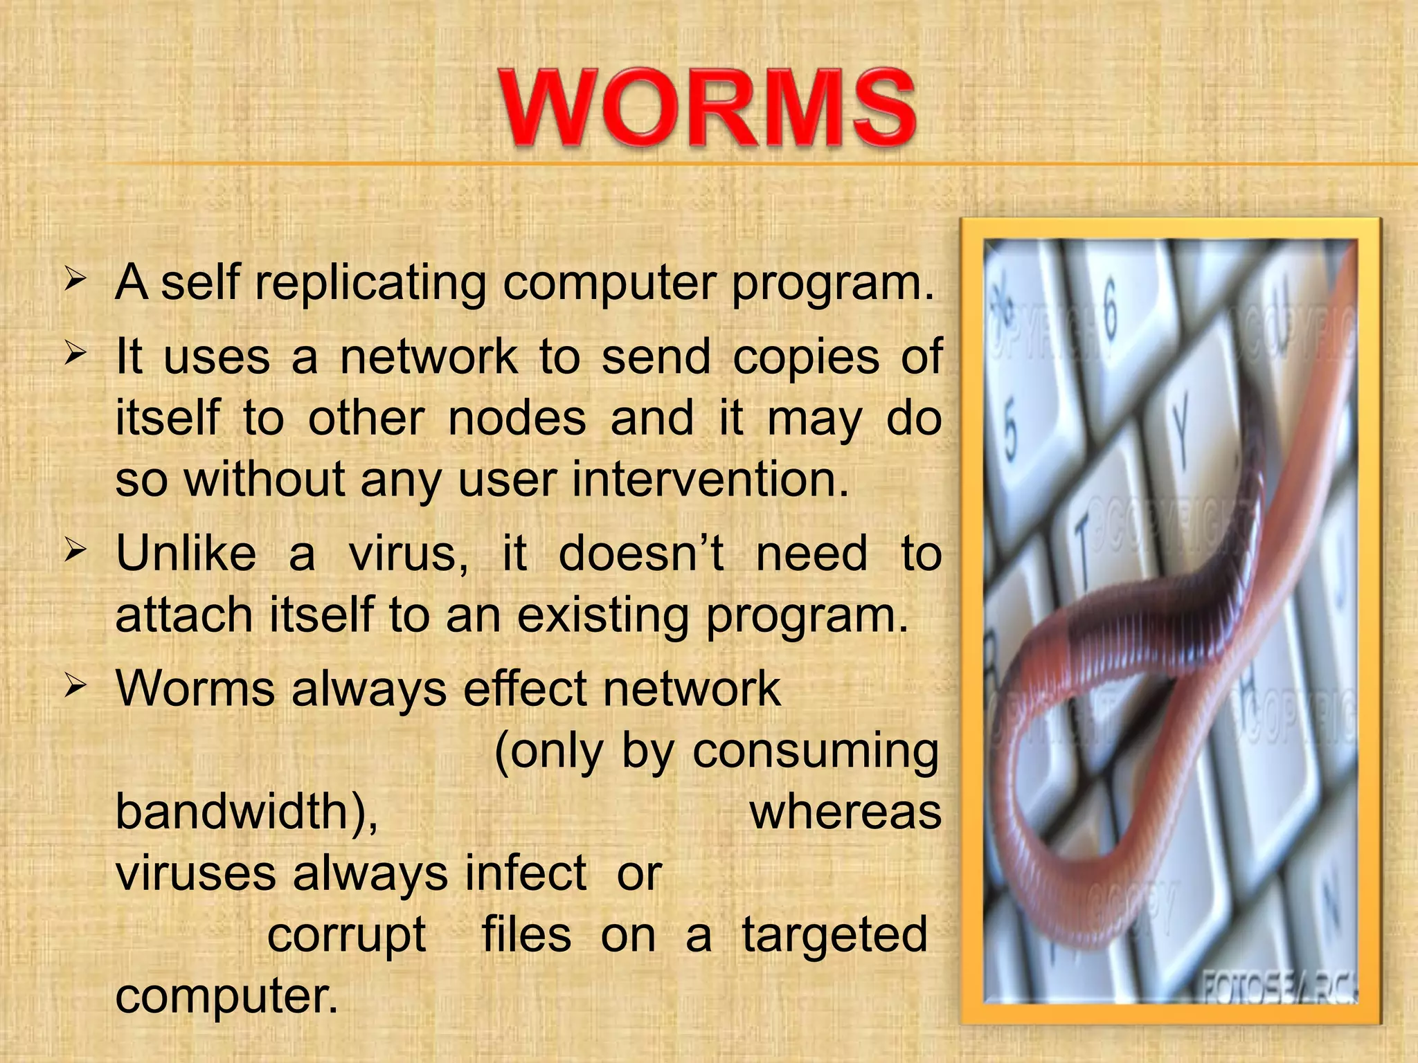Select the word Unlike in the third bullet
click(x=186, y=554)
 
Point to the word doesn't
click(x=641, y=554)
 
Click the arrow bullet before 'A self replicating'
click(x=75, y=280)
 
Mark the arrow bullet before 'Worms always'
click(x=75, y=687)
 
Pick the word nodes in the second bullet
click(x=517, y=419)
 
